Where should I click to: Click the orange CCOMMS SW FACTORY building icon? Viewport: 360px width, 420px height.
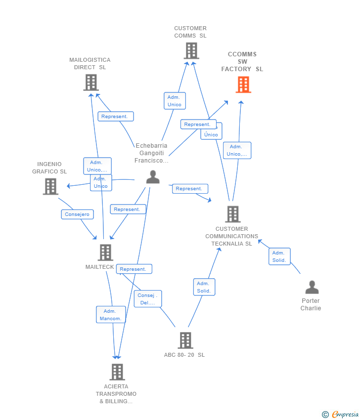point(243,84)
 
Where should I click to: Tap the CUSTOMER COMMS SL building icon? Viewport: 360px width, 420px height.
point(191,50)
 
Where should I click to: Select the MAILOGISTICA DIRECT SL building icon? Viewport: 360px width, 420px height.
point(90,83)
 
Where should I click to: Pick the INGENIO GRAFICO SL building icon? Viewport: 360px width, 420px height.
point(50,186)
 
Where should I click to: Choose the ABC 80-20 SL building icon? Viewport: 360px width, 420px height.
point(185,340)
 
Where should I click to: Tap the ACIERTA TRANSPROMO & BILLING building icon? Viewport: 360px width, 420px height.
point(117,372)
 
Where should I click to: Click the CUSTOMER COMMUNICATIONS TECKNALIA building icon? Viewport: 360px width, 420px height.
point(232,214)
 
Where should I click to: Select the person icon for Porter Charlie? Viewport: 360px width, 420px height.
point(312,287)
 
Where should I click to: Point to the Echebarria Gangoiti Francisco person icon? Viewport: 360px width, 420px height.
point(153,177)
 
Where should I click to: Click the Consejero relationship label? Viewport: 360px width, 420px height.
point(77,214)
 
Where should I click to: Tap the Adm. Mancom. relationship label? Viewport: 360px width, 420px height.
point(110,315)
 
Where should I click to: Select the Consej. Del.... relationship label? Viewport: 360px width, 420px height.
point(147,299)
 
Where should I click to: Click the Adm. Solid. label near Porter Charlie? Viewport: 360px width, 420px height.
point(279,256)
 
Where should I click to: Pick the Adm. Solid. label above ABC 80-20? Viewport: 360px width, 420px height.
point(204,287)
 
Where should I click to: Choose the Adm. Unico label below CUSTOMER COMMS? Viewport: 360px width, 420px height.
point(175,101)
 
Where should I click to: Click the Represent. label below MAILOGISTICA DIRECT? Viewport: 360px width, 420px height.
point(116,117)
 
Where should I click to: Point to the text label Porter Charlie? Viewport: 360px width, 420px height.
point(311,304)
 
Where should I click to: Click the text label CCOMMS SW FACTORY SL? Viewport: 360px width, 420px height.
point(242,62)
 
